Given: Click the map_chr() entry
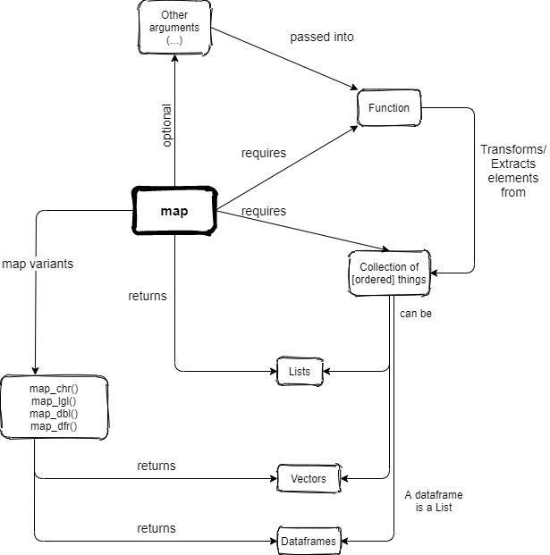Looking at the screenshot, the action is click(x=54, y=389).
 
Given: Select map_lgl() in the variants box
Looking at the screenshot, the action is click(x=54, y=401).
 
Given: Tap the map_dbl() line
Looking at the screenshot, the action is click(x=54, y=414).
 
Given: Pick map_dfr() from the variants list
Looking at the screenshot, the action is click(x=54, y=426).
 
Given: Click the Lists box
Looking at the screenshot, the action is click(x=300, y=371).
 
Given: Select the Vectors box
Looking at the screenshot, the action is click(x=309, y=479).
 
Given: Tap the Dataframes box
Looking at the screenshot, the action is click(x=309, y=542).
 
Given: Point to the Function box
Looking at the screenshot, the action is click(x=388, y=108).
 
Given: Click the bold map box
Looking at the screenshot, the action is click(x=174, y=212).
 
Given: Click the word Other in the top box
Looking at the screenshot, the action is click(x=174, y=15).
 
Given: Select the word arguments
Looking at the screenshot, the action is click(x=174, y=28).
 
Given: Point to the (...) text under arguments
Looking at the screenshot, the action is click(x=174, y=40).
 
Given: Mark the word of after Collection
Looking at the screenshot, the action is click(x=416, y=267).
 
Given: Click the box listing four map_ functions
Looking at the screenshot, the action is click(x=54, y=408).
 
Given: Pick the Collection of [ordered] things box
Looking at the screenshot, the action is click(x=389, y=273).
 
